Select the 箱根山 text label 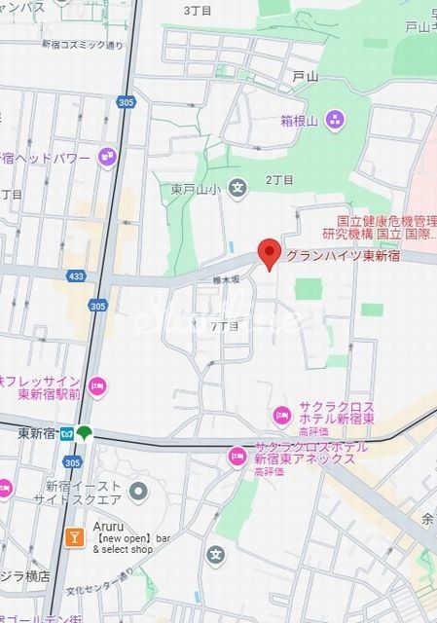(300, 121)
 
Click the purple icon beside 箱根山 (335, 120)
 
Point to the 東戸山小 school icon (237, 188)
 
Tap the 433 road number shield (77, 277)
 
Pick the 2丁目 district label (279, 180)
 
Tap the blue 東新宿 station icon (66, 433)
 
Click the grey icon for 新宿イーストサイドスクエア (137, 491)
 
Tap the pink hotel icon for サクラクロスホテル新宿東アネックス (237, 456)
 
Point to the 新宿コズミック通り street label (83, 46)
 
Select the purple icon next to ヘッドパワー (106, 157)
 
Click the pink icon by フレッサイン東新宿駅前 (95, 386)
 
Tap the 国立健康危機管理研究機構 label (380, 228)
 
